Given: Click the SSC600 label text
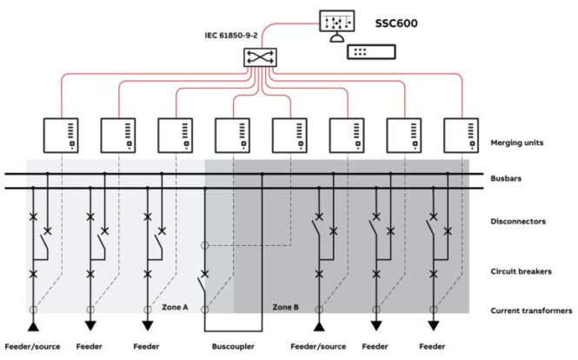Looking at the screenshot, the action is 396,23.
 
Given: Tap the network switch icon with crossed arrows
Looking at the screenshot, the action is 260,57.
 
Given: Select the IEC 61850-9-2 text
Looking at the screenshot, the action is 231,36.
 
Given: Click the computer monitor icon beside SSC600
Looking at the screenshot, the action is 337,25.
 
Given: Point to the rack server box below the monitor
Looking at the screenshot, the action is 372,52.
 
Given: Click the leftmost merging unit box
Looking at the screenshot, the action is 61,136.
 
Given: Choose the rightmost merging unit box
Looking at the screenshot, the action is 462,136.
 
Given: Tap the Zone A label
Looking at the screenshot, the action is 175,307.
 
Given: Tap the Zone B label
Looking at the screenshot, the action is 286,307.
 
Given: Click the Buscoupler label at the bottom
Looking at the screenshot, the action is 233,346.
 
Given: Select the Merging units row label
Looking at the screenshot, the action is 517,143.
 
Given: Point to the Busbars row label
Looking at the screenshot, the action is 506,178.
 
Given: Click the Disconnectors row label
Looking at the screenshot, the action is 518,222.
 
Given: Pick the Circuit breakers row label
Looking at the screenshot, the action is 521,271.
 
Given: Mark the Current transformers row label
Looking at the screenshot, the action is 531,310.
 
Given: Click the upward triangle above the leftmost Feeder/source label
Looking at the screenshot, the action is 33,326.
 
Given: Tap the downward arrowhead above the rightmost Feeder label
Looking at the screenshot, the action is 434,326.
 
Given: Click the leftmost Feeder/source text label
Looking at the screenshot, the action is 32,346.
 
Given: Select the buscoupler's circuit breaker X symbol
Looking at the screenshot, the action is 204,274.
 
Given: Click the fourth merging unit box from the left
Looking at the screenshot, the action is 232,136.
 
